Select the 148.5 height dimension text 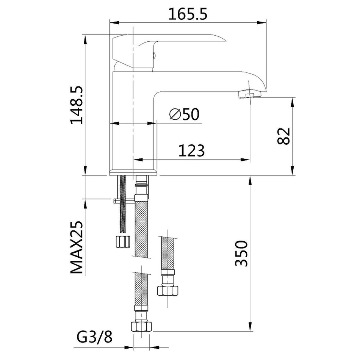(x=77, y=105)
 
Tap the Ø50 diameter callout (x=185, y=114)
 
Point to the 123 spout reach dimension (x=191, y=150)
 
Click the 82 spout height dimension (x=283, y=136)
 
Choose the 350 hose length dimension (x=241, y=254)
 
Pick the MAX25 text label (x=77, y=247)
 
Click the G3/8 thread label (x=94, y=337)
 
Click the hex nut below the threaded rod (x=123, y=241)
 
